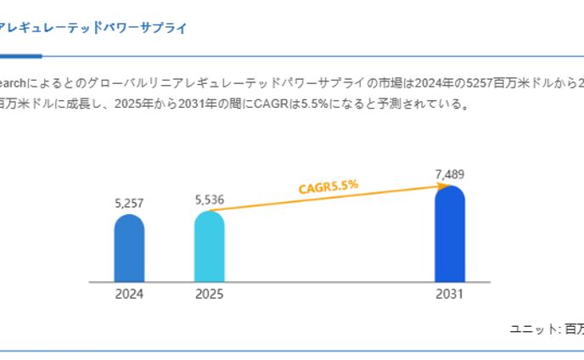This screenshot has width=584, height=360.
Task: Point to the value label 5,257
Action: (129, 203)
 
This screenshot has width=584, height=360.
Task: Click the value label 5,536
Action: (209, 200)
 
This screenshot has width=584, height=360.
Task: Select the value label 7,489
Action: (450, 174)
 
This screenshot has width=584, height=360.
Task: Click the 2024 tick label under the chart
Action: (129, 295)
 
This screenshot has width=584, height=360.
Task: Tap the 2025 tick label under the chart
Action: (209, 295)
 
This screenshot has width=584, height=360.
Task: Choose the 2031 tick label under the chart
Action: (450, 295)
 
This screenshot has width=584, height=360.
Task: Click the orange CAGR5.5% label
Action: (328, 187)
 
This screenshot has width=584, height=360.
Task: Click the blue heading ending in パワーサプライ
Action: (93, 28)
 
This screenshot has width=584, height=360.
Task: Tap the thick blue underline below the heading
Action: (20, 56)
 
